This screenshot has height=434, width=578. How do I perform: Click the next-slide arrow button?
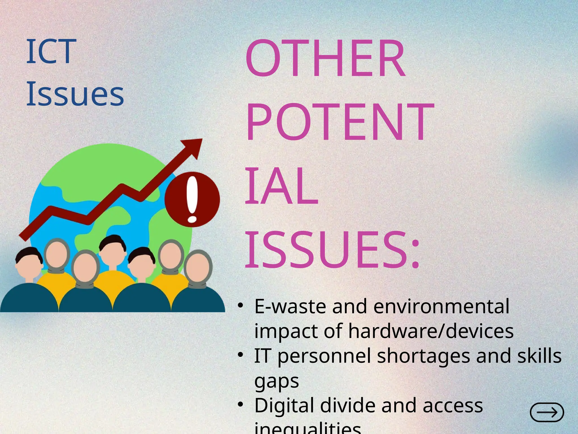tap(547, 412)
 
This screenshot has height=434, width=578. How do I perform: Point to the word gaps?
tap(277, 381)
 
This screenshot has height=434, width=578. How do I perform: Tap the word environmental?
tap(441, 306)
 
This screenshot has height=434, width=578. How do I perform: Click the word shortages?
tap(423, 356)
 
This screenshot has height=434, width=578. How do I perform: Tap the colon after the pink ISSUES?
tap(415, 254)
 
